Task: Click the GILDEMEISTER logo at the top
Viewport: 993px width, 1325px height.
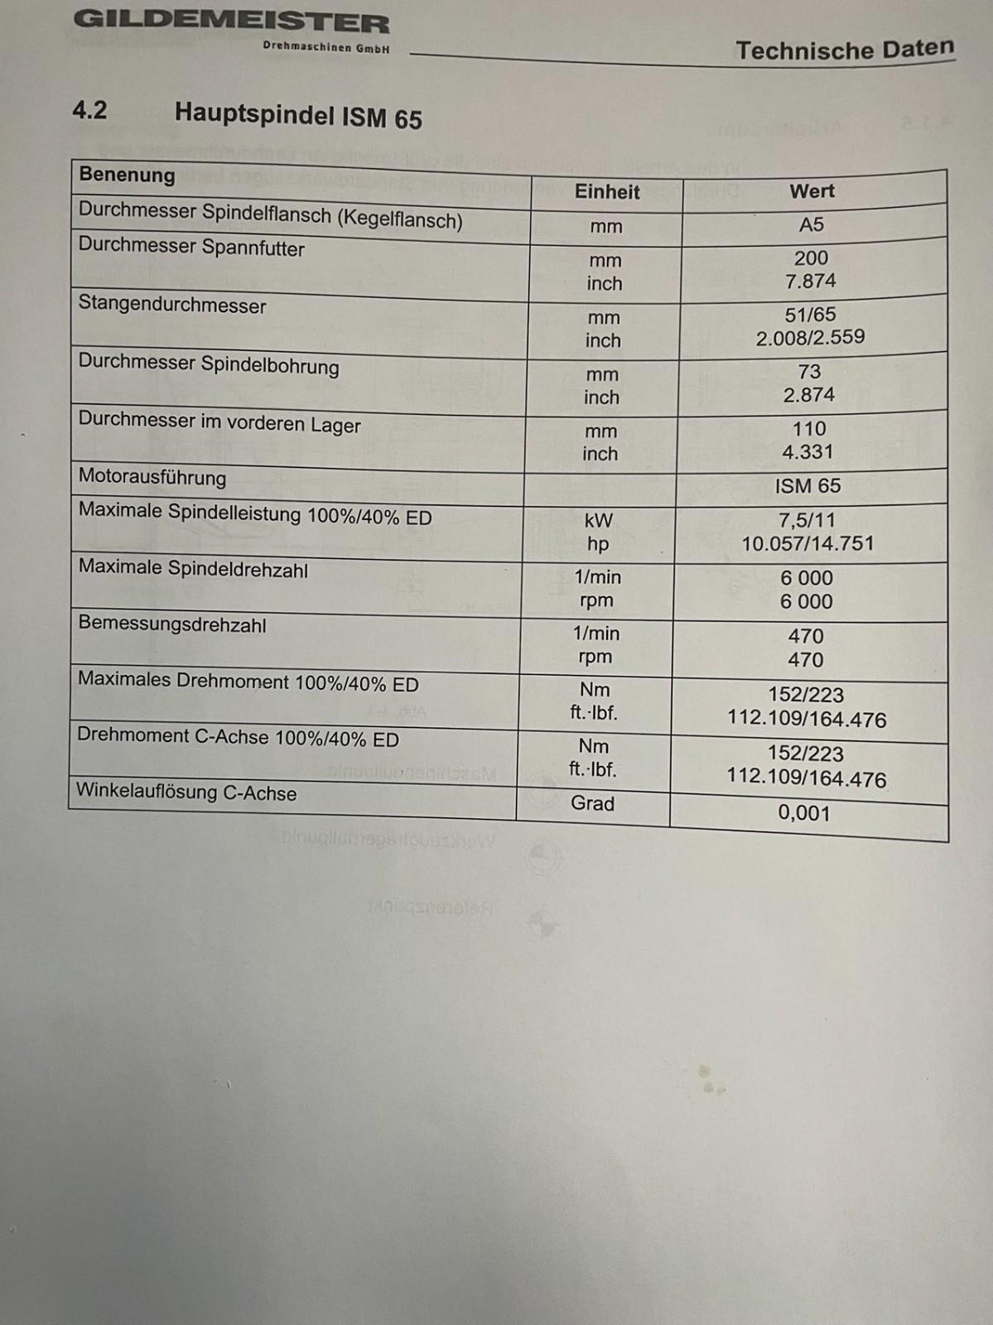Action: pyautogui.click(x=231, y=22)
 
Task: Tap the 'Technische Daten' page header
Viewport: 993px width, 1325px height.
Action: pyautogui.click(x=845, y=50)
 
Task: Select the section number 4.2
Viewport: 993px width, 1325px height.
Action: pyautogui.click(x=89, y=110)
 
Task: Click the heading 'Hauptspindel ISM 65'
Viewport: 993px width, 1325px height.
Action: pyautogui.click(x=298, y=116)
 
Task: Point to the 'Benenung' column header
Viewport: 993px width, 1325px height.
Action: pyautogui.click(x=127, y=175)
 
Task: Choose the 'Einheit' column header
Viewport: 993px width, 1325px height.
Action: pyautogui.click(x=607, y=192)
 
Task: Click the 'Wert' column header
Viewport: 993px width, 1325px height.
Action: pyautogui.click(x=812, y=191)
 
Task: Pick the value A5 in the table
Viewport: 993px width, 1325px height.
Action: pyautogui.click(x=812, y=224)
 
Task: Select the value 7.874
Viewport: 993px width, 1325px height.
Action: pyautogui.click(x=811, y=281)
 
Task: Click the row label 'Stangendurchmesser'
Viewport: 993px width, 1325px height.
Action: pyautogui.click(x=172, y=305)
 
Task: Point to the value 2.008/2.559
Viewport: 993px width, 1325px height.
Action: pyautogui.click(x=810, y=337)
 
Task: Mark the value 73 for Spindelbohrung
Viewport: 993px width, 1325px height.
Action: pyautogui.click(x=809, y=372)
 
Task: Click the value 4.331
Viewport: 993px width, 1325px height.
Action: pyautogui.click(x=807, y=451)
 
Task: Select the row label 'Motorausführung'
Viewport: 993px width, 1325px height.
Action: pyautogui.click(x=152, y=477)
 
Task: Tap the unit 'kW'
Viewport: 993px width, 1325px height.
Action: pyautogui.click(x=598, y=520)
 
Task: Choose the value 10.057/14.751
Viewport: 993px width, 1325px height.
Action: pyautogui.click(x=807, y=543)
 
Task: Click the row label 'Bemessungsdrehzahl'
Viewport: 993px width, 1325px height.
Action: pyautogui.click(x=172, y=624)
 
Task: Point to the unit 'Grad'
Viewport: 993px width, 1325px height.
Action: pyautogui.click(x=592, y=803)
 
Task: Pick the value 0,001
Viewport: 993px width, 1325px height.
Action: pyautogui.click(x=803, y=812)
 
